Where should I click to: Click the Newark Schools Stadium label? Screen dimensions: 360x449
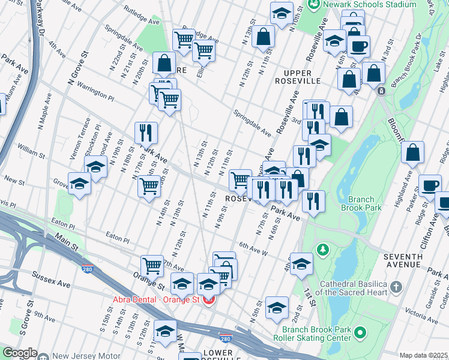[370, 4]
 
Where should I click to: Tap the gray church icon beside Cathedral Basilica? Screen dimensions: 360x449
[396, 287]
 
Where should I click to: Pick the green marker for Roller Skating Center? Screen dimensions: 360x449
[360, 332]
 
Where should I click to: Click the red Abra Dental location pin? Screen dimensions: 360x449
[208, 299]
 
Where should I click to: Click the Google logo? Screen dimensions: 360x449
[20, 353]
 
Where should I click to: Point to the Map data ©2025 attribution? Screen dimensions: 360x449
[423, 355]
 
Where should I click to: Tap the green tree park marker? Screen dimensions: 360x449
[322, 248]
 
